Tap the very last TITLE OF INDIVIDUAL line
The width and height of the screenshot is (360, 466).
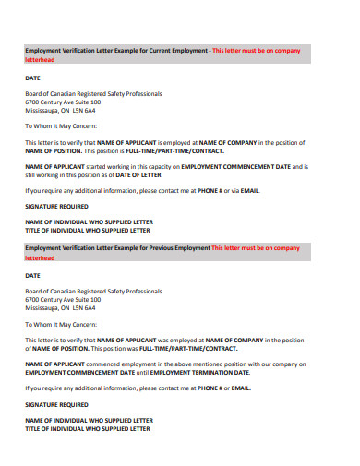tap(87, 428)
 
